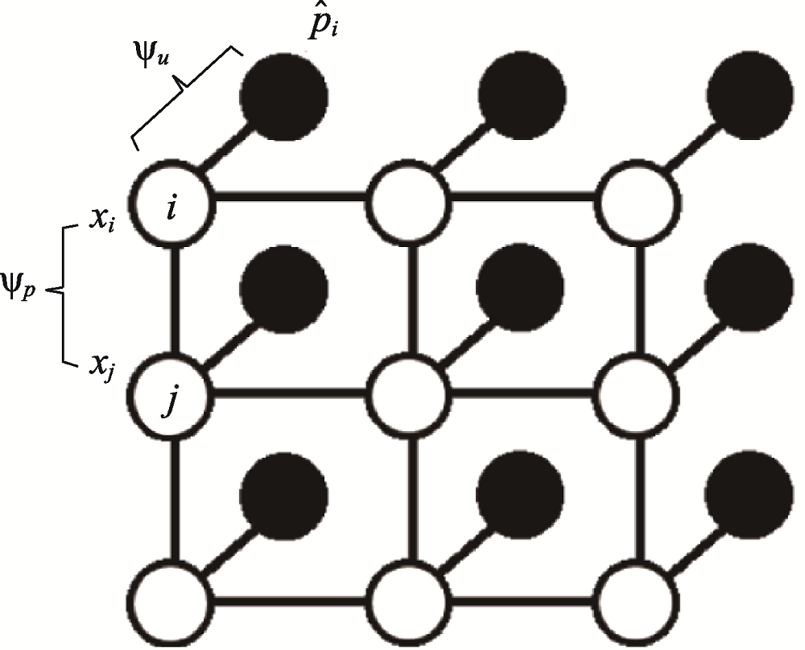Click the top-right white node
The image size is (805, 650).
(x=641, y=198)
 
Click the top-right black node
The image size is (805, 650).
(x=748, y=94)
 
